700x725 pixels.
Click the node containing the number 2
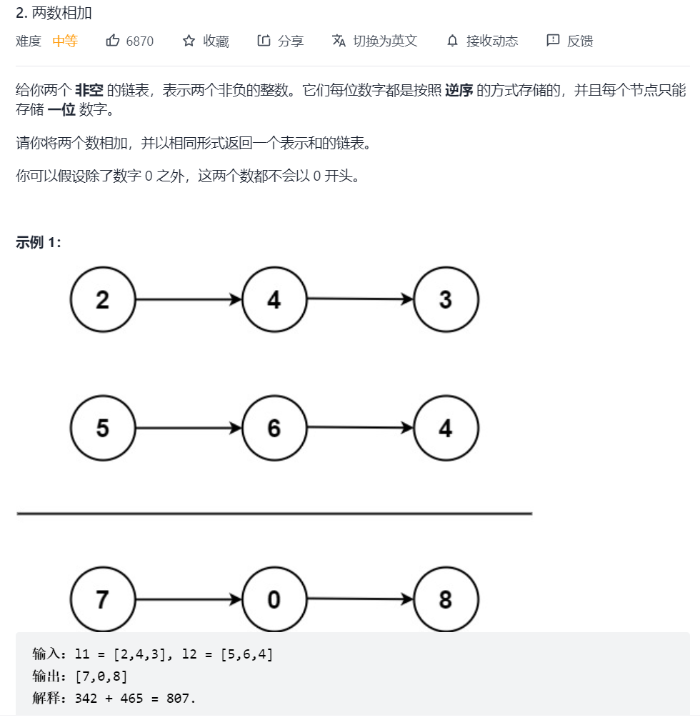pos(103,299)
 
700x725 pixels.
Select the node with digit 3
pos(446,299)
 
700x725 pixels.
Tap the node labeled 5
pos(103,428)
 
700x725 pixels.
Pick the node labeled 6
pos(274,428)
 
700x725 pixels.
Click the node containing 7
pos(103,599)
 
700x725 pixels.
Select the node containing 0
pos(274,599)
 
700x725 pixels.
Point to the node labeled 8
pos(446,599)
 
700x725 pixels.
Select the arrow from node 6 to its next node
pos(360,428)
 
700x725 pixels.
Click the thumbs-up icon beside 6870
pos(113,41)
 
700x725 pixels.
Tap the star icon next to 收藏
pos(189,41)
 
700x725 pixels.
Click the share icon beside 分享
pos(264,41)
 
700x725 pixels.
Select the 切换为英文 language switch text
pos(384,41)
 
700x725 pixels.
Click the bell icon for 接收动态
pos(452,41)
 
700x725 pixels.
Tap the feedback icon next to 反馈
pos(553,41)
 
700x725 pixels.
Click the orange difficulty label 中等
pos(65,41)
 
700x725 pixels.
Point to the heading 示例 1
pos(39,242)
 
